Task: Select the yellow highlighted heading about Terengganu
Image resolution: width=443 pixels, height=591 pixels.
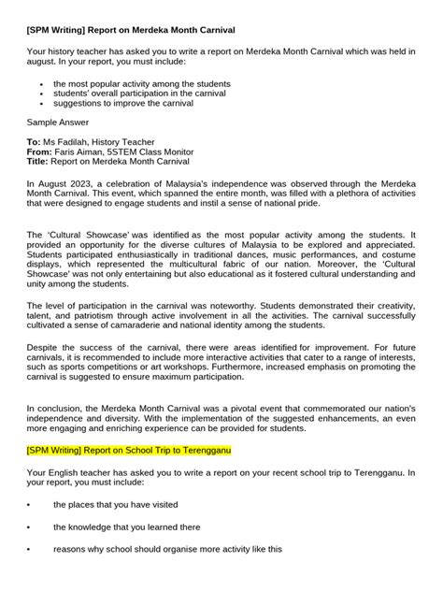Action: (129, 451)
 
